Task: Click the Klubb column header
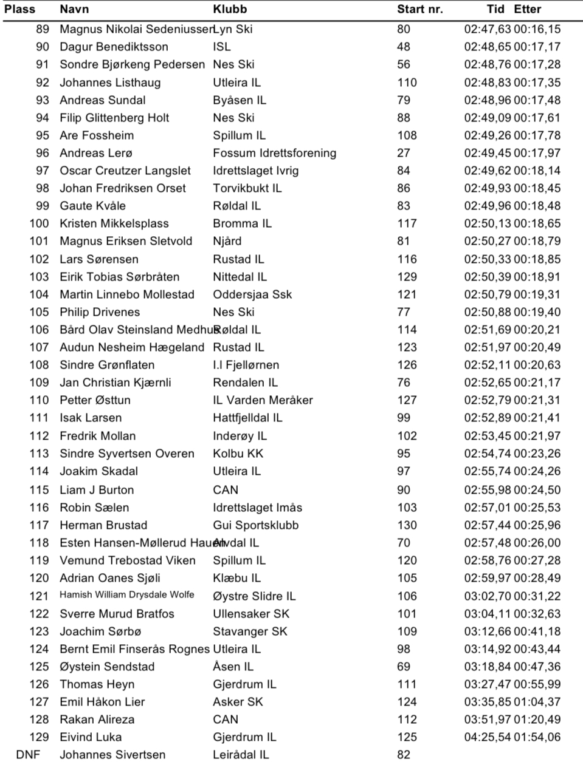[x=230, y=9]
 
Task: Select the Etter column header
[x=527, y=9]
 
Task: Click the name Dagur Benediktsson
[x=114, y=47]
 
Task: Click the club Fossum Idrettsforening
[x=274, y=153]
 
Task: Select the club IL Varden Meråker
[x=263, y=400]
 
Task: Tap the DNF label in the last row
[x=28, y=755]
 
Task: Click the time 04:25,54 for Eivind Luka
[x=488, y=737]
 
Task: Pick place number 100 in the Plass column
[x=39, y=223]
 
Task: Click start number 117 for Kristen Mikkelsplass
[x=407, y=223]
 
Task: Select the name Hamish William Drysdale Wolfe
[x=126, y=595]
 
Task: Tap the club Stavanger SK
[x=250, y=631]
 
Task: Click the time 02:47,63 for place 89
[x=488, y=29]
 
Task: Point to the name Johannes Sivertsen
[x=112, y=755]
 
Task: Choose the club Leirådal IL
[x=241, y=755]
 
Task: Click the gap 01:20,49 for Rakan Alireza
[x=537, y=719]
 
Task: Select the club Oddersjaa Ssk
[x=252, y=294]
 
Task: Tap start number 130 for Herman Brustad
[x=407, y=525]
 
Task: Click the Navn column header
[x=74, y=9]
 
